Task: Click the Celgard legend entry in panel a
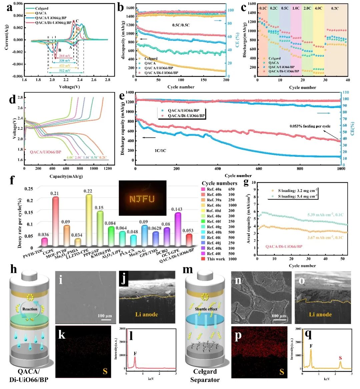[x=41, y=8]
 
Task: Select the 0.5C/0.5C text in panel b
[x=181, y=25]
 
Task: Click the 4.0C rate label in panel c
[x=318, y=8]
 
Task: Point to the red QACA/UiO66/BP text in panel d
[x=46, y=152]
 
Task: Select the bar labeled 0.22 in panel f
[x=89, y=220]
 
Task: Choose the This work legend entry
[x=216, y=259]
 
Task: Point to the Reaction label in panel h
[x=30, y=309]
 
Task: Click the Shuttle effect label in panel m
[x=206, y=309]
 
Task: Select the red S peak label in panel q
[x=340, y=358]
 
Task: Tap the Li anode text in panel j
[x=147, y=314]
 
